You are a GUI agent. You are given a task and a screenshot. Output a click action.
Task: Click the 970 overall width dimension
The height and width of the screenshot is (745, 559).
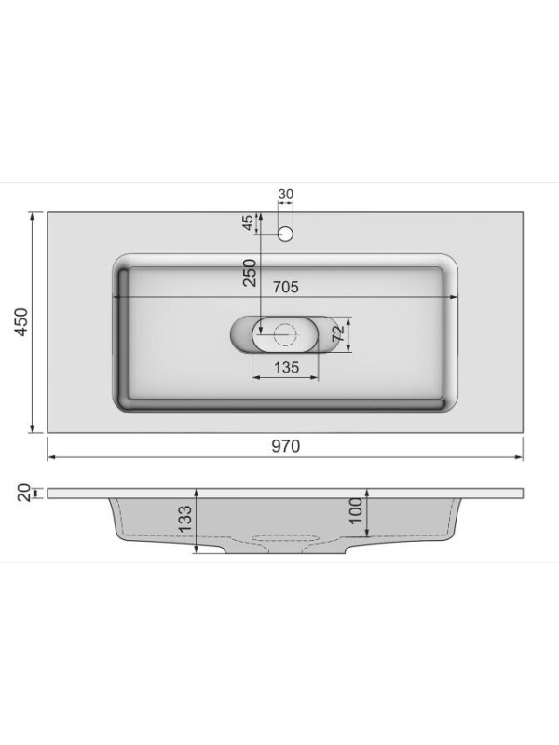pyautogui.click(x=286, y=446)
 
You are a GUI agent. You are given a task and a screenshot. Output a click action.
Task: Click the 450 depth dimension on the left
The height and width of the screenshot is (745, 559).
pyautogui.click(x=22, y=322)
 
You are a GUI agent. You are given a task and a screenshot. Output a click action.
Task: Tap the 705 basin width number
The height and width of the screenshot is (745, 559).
pyautogui.click(x=285, y=287)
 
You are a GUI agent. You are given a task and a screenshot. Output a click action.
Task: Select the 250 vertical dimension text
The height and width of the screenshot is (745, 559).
pyautogui.click(x=250, y=272)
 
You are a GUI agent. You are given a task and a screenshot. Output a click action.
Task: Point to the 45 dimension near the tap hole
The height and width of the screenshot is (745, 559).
pyautogui.click(x=248, y=223)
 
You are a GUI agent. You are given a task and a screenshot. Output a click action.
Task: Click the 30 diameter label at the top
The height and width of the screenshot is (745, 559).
pyautogui.click(x=286, y=195)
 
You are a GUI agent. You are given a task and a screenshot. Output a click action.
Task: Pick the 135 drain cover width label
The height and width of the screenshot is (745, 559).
pyautogui.click(x=286, y=367)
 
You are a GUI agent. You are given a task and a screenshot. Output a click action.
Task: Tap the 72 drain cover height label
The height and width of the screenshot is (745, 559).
pyautogui.click(x=338, y=333)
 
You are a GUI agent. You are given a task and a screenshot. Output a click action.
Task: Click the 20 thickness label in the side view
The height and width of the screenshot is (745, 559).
pyautogui.click(x=24, y=493)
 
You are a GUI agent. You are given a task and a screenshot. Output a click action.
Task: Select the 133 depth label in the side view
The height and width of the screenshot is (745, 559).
pyautogui.click(x=184, y=519)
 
